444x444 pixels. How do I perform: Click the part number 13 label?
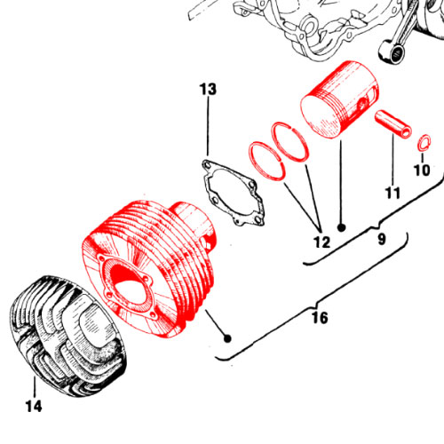tap(208, 89)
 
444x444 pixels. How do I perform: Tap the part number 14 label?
tap(34, 406)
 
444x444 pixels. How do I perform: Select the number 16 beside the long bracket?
tap(320, 318)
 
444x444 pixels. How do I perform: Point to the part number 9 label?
tap(382, 239)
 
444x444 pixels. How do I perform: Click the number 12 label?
tap(321, 242)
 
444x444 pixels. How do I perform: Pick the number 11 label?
tap(392, 193)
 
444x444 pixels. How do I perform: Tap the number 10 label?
tap(422, 170)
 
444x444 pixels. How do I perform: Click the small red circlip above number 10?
tap(424, 142)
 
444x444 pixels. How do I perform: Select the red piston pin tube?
tap(393, 123)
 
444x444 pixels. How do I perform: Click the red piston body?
tap(339, 99)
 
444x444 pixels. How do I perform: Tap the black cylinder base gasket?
tap(233, 193)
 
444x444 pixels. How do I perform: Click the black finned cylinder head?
tap(69, 337)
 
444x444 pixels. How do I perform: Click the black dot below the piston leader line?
tap(342, 227)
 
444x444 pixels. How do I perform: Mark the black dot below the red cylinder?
tap(227, 338)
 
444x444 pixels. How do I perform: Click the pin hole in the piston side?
tap(362, 104)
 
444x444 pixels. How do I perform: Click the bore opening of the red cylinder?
tap(126, 283)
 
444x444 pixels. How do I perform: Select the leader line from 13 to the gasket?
tap(208, 126)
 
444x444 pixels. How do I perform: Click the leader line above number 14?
tap(35, 387)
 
